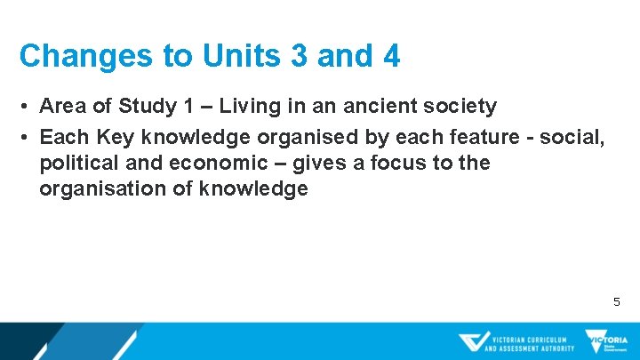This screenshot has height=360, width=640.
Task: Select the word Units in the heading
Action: [x=226, y=56]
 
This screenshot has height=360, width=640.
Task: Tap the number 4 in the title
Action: [x=390, y=56]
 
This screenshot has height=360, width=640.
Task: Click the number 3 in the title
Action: [x=297, y=56]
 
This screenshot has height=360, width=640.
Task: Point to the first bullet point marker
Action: [x=28, y=108]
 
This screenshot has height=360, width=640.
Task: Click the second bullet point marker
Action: [x=28, y=138]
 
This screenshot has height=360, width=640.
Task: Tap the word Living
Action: [x=255, y=107]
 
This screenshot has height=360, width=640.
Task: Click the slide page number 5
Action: [x=617, y=302]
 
